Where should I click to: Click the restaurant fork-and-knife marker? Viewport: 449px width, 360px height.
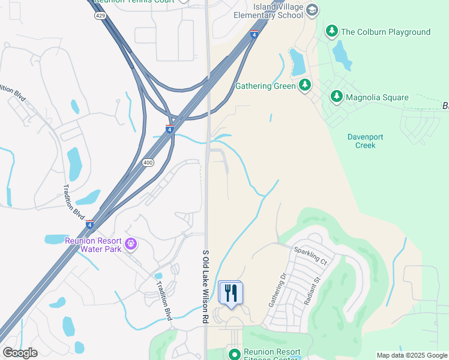pyautogui.click(x=231, y=293)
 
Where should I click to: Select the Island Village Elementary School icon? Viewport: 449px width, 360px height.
pyautogui.click(x=312, y=10)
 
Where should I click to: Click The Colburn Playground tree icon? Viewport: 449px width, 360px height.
pyautogui.click(x=331, y=31)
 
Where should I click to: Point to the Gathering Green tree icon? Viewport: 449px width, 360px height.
pyautogui.click(x=305, y=85)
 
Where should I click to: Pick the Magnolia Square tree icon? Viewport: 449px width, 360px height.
pyautogui.click(x=336, y=97)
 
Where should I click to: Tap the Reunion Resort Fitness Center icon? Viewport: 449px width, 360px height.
pyautogui.click(x=234, y=354)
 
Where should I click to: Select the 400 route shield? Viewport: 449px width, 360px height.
pyautogui.click(x=148, y=163)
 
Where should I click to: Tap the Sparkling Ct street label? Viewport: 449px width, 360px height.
pyautogui.click(x=310, y=256)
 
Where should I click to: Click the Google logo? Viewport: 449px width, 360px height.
pyautogui.click(x=20, y=353)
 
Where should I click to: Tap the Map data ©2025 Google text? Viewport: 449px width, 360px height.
pyautogui.click(x=412, y=355)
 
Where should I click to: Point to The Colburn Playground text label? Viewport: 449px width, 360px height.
pyautogui.click(x=385, y=32)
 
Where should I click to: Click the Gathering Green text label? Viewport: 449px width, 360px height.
pyautogui.click(x=265, y=86)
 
